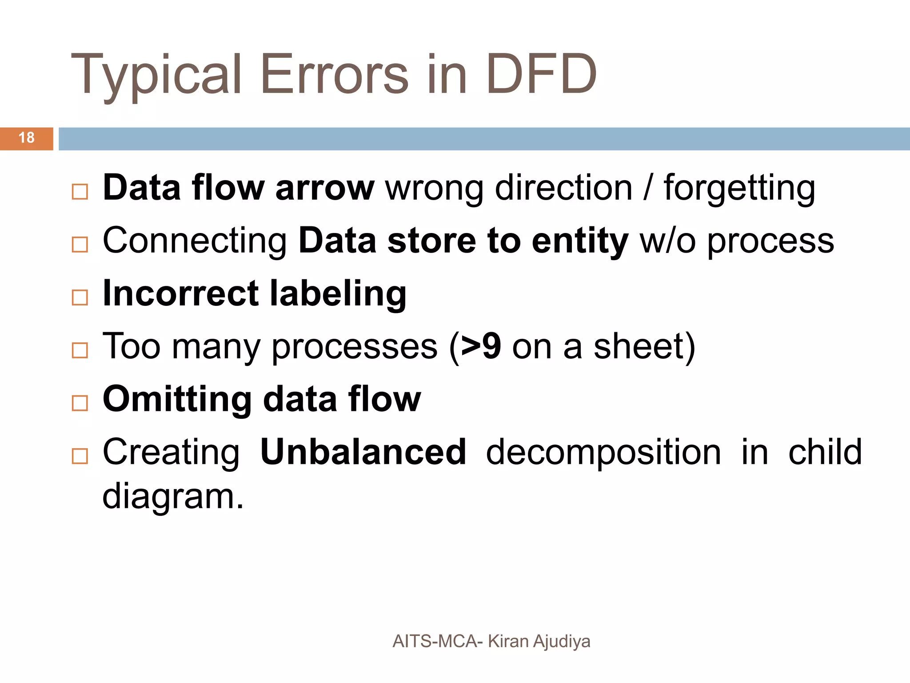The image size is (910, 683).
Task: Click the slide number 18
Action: point(27,138)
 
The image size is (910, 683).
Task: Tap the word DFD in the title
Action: point(541,75)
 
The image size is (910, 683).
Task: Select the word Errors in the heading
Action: point(334,75)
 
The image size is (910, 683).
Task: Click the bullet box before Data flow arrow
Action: point(80,192)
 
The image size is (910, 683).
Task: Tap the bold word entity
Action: point(580,241)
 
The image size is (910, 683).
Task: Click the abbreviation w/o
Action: point(667,241)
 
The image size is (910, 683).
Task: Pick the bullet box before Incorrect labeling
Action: point(80,297)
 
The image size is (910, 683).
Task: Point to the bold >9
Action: point(481,346)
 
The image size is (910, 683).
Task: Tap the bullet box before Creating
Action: point(80,456)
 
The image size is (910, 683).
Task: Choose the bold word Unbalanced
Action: point(363,452)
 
